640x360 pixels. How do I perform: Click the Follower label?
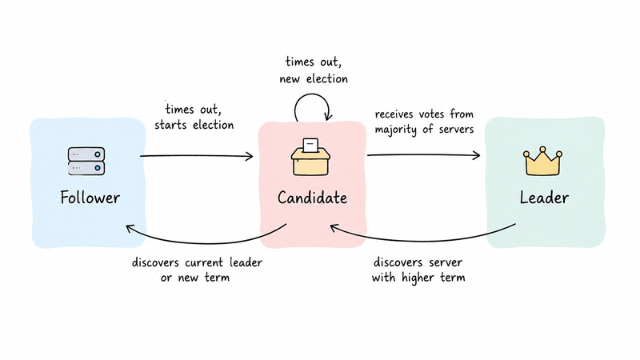point(90,198)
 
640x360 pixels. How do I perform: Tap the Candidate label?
point(312,198)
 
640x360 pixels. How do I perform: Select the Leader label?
point(544,198)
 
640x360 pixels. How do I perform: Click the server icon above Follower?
point(86,162)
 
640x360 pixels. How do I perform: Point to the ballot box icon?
point(310,157)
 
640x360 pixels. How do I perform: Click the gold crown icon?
point(542,162)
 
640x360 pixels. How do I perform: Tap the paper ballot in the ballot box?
point(310,145)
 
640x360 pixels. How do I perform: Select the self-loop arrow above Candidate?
point(312,94)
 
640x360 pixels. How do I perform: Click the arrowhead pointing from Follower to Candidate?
point(250,156)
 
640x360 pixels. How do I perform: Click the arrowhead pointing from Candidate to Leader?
point(476,155)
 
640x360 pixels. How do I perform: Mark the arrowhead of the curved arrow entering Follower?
point(130,228)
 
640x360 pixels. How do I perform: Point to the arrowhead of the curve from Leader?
point(334,227)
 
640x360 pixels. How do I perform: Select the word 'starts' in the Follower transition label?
point(171,125)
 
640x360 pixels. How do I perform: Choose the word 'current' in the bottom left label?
point(205,262)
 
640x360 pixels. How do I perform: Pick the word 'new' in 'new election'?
point(290,78)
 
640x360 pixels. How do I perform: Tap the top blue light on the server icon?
point(98,154)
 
